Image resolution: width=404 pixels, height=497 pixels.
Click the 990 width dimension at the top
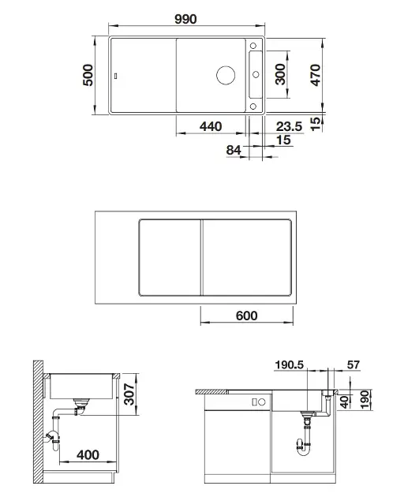point(186,19)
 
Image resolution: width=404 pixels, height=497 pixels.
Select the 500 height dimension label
point(88,75)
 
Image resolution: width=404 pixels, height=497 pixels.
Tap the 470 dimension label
point(316,75)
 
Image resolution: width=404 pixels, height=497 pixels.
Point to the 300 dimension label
point(280,74)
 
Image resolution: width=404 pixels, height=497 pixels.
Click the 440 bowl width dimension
point(211,126)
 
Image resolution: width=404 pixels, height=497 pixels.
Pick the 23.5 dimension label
point(290,126)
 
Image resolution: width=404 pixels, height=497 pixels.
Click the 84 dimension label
point(234,150)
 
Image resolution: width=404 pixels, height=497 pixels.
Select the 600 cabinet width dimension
point(247,316)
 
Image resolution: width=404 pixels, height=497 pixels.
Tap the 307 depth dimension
point(129,394)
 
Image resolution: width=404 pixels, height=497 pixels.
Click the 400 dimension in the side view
point(88,455)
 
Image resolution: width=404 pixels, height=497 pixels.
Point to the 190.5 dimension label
point(290,364)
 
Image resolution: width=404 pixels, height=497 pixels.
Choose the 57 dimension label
point(353,364)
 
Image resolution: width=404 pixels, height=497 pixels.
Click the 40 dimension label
point(344,402)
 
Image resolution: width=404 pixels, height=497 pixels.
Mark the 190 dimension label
point(365,399)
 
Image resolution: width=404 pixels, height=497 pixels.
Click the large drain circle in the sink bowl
point(226,75)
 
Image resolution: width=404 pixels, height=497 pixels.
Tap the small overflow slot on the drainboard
point(116,76)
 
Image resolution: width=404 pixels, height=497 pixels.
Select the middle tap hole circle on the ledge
point(256,75)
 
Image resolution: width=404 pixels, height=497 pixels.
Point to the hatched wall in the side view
point(38,421)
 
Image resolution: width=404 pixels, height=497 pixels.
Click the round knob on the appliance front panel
point(262,402)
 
